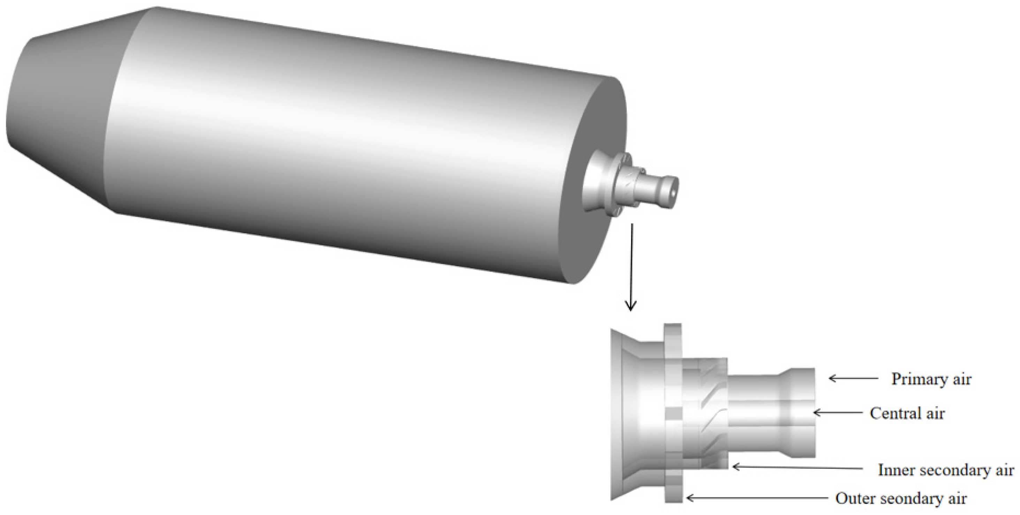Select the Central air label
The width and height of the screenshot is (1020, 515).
coord(907,413)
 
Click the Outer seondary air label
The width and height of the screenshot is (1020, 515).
coord(901,498)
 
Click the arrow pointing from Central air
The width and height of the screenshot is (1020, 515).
coord(837,413)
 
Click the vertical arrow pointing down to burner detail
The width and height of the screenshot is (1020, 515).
coord(630,267)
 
